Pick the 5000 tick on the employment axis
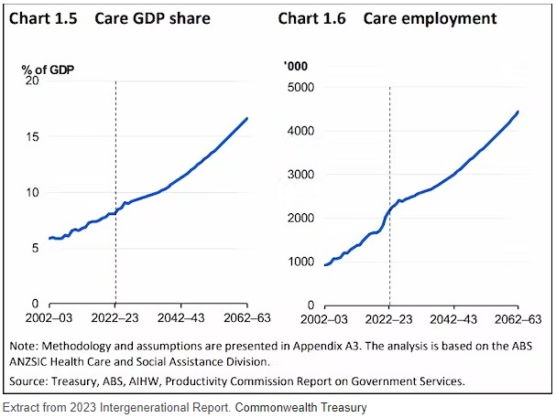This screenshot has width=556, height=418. (300, 87)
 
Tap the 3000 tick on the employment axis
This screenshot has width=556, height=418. (300, 174)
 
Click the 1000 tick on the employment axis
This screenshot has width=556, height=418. (300, 262)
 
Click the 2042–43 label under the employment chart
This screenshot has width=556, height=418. (453, 321)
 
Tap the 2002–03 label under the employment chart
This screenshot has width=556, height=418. (325, 321)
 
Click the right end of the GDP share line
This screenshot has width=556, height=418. (247, 118)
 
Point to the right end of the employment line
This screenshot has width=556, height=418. (518, 112)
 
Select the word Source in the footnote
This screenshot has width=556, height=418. (31, 380)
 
